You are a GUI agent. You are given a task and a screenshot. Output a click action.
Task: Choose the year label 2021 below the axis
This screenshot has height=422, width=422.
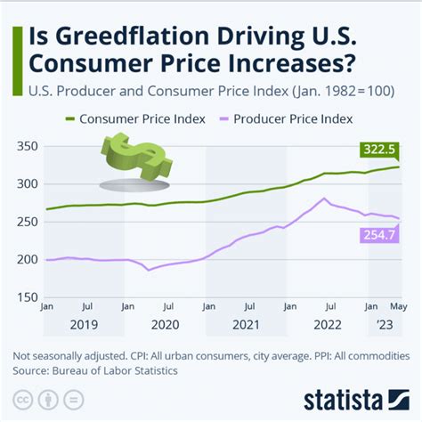247,326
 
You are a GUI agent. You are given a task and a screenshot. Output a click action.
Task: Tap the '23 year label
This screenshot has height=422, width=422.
386,326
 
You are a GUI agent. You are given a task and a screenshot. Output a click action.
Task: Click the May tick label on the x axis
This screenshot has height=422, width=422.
397,307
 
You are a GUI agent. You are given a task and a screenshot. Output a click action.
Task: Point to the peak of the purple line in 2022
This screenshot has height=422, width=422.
327,198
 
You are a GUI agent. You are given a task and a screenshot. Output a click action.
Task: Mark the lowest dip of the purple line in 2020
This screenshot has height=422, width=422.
150,269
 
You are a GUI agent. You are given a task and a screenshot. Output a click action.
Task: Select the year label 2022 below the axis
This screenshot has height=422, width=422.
327,326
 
